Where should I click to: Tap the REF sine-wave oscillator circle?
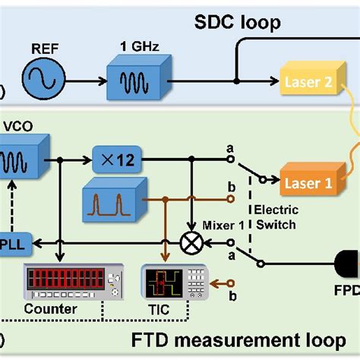pyautogui.click(x=43, y=78)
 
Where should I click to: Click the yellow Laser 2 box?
pyautogui.click(x=308, y=81)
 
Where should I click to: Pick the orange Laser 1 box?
pyautogui.click(x=308, y=182)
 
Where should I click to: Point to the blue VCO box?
pyautogui.click(x=23, y=160)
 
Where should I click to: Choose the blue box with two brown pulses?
pyautogui.click(x=109, y=201)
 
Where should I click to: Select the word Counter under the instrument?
pyautogui.click(x=50, y=309)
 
